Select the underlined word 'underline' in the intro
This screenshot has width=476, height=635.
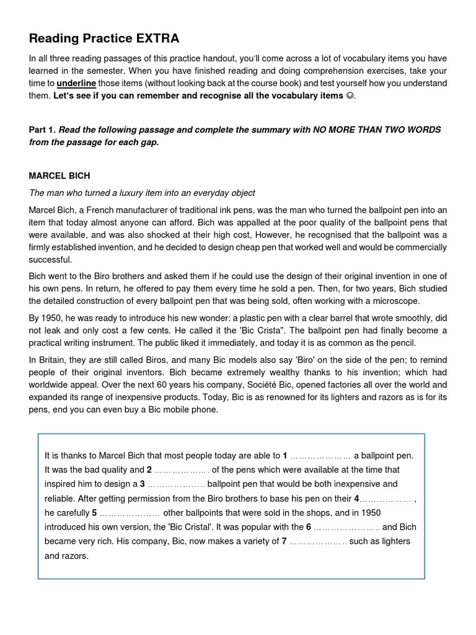pyautogui.click(x=76, y=83)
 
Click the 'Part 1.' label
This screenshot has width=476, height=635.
pyautogui.click(x=42, y=130)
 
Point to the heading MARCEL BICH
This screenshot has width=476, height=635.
pyautogui.click(x=59, y=176)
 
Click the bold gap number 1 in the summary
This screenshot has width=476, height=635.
pyautogui.click(x=284, y=455)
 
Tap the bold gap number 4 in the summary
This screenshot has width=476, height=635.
pyautogui.click(x=356, y=498)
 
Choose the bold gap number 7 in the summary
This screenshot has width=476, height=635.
pyautogui.click(x=284, y=541)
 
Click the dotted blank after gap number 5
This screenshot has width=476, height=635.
pyautogui.click(x=130, y=513)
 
